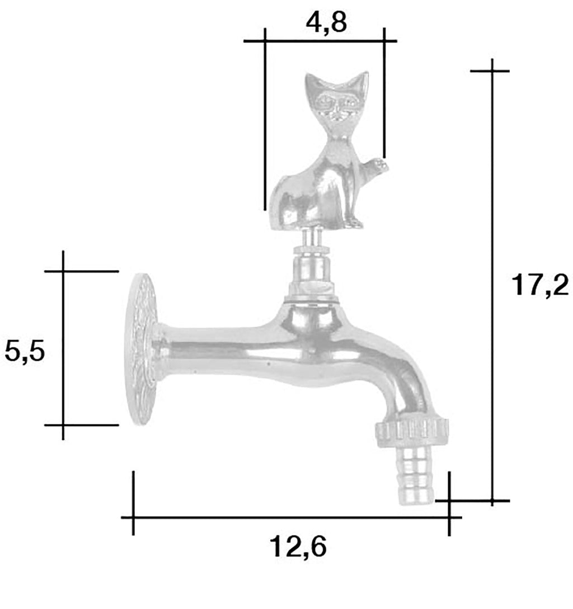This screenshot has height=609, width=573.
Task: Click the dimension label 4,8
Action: click(x=326, y=22)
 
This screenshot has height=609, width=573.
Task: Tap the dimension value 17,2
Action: click(x=540, y=285)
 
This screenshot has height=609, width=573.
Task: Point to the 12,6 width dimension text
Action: click(x=298, y=546)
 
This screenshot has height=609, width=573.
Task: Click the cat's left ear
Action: click(x=312, y=82)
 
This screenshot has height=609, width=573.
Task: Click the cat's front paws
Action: click(x=354, y=223)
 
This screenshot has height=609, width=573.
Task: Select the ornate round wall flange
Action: click(x=142, y=349)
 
